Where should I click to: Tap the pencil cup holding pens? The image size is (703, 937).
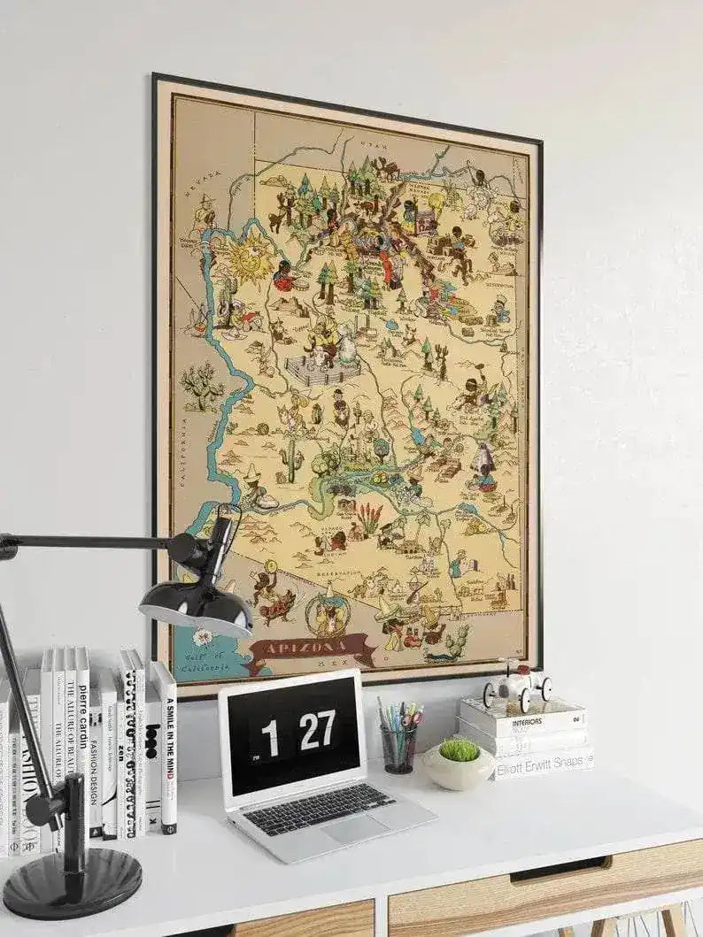click(x=398, y=748)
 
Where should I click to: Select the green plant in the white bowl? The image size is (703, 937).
click(x=459, y=750)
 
